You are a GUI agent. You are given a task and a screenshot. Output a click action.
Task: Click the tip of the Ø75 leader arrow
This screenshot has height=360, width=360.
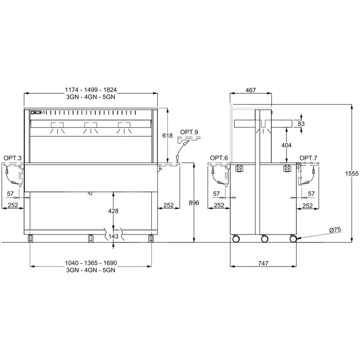296,239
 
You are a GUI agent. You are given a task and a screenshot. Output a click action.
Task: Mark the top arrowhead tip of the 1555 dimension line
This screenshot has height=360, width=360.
351,104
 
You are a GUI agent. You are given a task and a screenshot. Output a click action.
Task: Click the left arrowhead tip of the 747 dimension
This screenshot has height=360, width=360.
230,266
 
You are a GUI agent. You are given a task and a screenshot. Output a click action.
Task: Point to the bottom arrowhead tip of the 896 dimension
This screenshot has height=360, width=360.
194,242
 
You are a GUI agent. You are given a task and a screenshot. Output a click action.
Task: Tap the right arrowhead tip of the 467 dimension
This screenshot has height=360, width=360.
271,93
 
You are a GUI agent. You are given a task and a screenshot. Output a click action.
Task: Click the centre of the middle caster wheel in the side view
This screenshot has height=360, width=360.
265,239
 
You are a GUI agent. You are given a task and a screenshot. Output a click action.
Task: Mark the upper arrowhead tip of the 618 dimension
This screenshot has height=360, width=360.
168,108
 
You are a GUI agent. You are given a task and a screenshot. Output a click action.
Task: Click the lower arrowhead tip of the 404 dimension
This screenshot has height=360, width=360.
287,163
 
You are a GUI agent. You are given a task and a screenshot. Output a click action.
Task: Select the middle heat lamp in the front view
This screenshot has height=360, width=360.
91,128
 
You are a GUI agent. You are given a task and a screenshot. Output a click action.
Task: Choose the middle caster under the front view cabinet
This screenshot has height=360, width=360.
91,238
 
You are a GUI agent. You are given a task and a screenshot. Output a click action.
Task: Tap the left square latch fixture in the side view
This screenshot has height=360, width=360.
239,168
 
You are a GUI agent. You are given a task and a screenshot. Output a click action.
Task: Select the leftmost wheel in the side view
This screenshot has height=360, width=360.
236,239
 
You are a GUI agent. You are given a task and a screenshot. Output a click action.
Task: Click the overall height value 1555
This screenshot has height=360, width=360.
352,174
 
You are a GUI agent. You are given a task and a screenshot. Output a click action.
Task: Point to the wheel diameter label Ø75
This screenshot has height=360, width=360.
335,230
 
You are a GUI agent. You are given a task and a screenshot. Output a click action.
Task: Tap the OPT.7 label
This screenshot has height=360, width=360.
309,158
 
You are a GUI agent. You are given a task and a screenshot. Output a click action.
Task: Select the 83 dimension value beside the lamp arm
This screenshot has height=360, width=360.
301,124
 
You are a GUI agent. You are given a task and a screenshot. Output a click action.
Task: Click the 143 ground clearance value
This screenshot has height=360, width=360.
113,236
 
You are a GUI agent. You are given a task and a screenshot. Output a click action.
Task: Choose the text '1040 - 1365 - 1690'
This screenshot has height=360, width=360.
91,263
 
